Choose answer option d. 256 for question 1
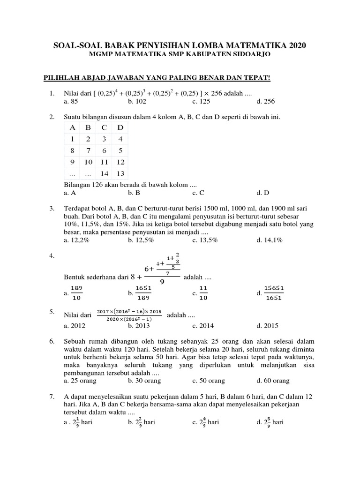click(x=266, y=101)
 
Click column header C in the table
click(x=104, y=127)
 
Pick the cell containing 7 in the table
click(x=88, y=151)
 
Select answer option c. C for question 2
click(x=198, y=193)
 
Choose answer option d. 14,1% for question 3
click(x=270, y=240)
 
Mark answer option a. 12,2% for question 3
click(x=76, y=240)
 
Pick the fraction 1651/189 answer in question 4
click(x=143, y=293)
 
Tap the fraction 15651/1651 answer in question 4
click(x=274, y=293)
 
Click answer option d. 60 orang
click(x=273, y=381)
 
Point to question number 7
click(x=52, y=397)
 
